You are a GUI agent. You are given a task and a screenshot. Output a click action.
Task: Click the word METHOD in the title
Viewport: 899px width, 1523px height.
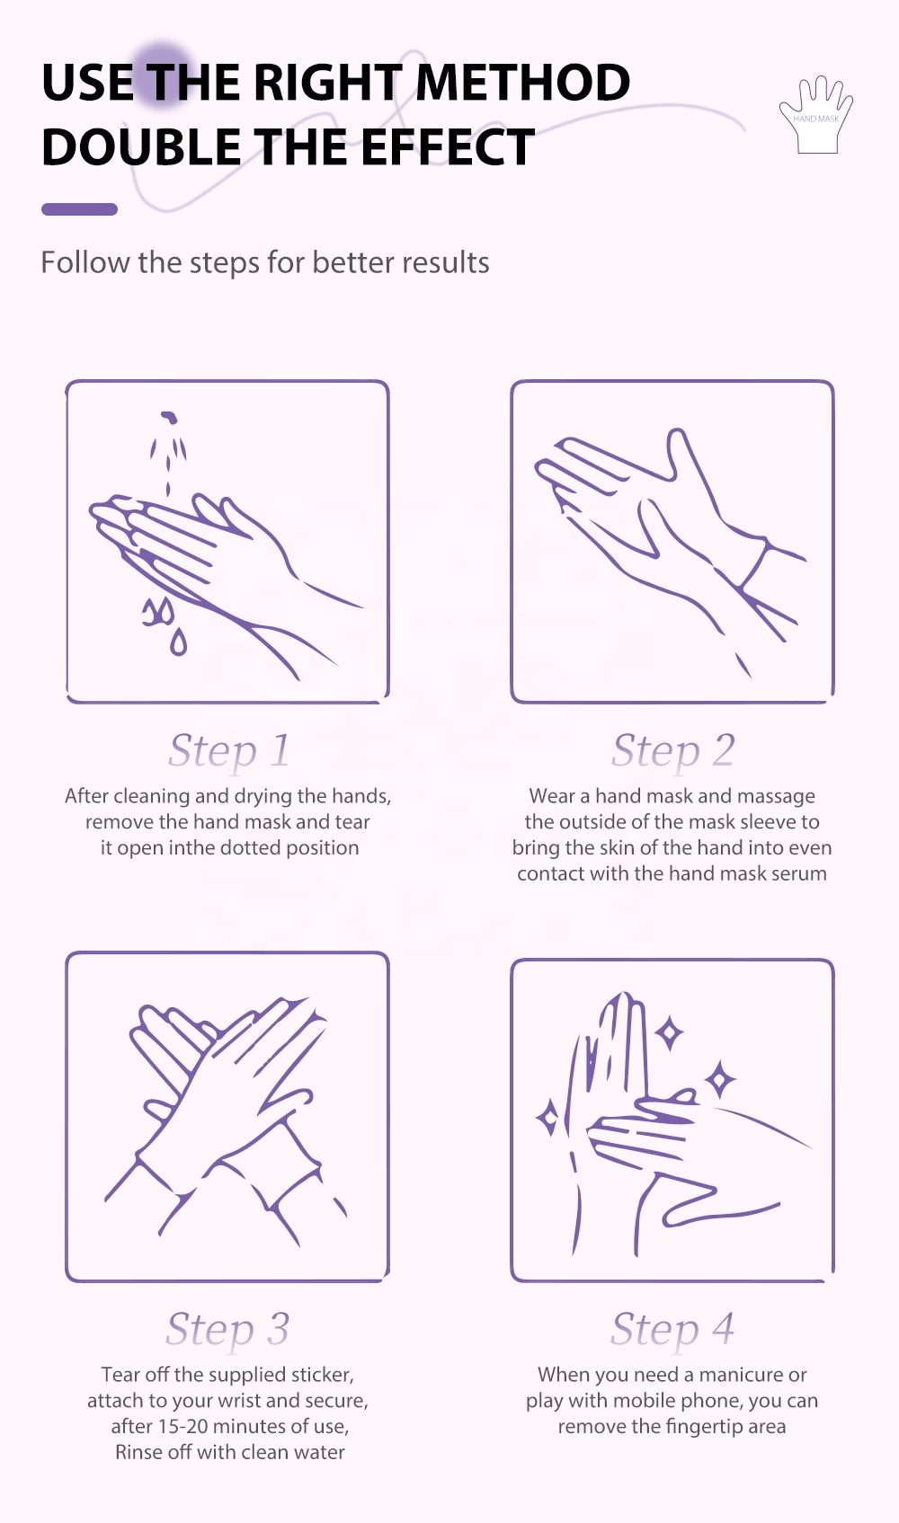pos(522,83)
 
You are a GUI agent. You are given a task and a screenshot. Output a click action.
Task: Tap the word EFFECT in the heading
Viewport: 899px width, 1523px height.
pos(448,146)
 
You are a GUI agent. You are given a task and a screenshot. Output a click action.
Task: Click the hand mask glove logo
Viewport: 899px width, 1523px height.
pos(816,115)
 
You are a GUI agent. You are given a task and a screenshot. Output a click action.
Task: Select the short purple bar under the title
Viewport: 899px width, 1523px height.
pos(80,209)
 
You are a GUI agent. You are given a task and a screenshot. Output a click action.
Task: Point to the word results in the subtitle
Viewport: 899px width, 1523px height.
pos(445,262)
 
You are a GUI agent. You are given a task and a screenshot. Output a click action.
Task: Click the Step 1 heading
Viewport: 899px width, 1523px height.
pos(229,750)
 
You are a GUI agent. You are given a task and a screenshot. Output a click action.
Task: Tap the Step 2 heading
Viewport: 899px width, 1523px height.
pos(673,750)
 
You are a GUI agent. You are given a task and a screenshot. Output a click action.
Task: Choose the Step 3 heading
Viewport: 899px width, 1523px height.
pos(228,1329)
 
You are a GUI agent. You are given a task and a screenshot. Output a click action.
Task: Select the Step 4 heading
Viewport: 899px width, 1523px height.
pos(672,1329)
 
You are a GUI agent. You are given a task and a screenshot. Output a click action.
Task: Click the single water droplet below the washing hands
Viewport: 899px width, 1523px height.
pos(178,642)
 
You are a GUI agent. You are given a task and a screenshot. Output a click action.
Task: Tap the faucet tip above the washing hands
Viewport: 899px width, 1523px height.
pos(169,416)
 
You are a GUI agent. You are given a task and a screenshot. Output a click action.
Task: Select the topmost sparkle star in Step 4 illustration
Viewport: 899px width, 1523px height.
pos(669,1033)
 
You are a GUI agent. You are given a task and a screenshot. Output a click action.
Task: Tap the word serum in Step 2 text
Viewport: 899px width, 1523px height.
pos(804,873)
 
